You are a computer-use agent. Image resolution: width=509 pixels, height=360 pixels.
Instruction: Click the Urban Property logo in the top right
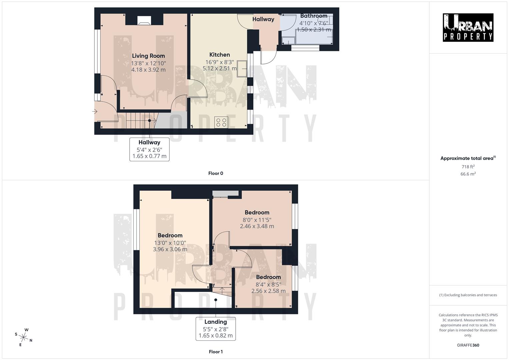coord(468,27)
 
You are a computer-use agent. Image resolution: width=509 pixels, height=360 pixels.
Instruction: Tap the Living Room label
coord(148,56)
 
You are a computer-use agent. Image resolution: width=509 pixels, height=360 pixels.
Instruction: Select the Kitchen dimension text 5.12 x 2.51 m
coord(219,69)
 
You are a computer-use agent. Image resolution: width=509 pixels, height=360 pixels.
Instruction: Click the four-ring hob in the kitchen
coord(221,123)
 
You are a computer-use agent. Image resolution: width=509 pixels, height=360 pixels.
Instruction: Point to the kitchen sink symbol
coord(242,69)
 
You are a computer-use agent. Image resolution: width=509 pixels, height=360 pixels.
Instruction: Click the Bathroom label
coord(313,16)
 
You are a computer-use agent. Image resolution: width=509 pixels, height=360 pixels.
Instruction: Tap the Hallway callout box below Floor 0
coord(149,149)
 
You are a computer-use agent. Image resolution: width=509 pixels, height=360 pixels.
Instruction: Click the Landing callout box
coord(216,329)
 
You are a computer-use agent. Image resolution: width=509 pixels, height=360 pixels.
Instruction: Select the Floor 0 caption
coord(216,173)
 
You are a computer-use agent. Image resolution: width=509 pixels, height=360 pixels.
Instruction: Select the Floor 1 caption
coord(216,352)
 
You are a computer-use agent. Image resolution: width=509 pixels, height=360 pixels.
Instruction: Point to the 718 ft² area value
coord(468,167)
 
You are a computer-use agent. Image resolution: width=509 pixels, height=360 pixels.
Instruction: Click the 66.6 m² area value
coord(468,174)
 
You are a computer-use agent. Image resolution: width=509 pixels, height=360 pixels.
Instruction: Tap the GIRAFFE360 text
coord(468,345)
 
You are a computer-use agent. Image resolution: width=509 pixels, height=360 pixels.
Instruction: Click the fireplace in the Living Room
coord(144,21)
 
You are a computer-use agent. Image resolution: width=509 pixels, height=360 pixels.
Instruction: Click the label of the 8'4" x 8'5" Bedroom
coord(268,277)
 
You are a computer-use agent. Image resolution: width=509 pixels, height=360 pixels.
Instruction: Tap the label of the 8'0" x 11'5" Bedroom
coord(257,213)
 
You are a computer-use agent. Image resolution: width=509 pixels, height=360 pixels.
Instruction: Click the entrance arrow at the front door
coord(95,112)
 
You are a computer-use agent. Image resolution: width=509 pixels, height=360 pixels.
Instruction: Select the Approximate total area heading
coord(468,158)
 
